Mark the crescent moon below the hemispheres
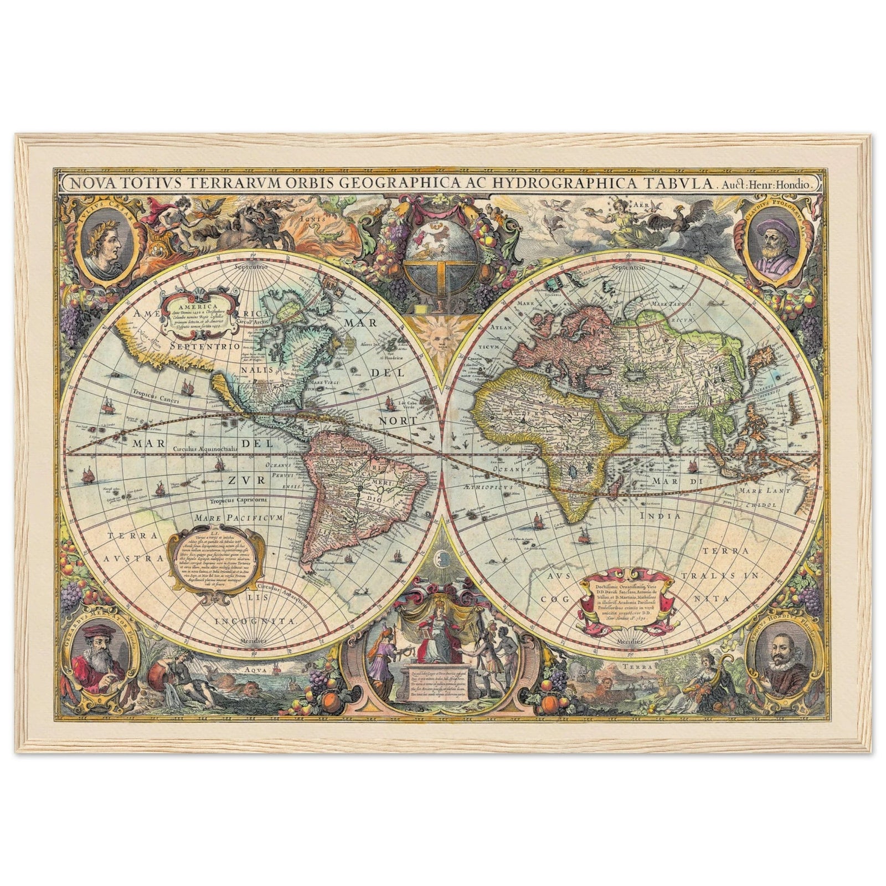(x=441, y=557)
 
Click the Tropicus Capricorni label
(x=239, y=501)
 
